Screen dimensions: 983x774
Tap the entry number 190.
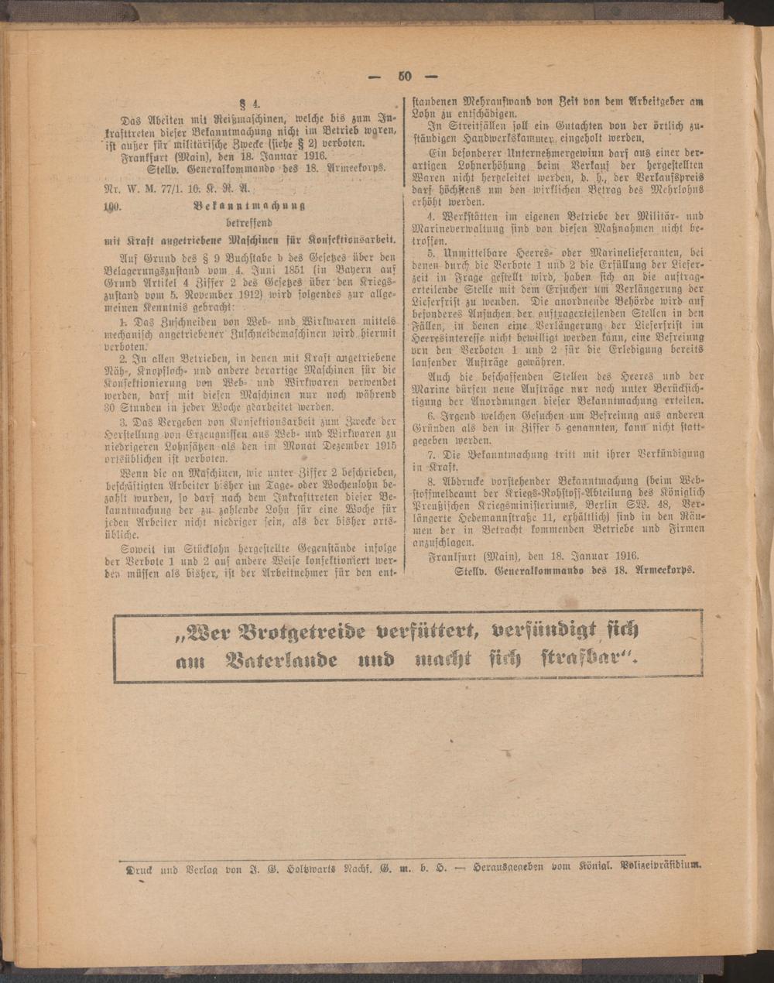tap(114, 207)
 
